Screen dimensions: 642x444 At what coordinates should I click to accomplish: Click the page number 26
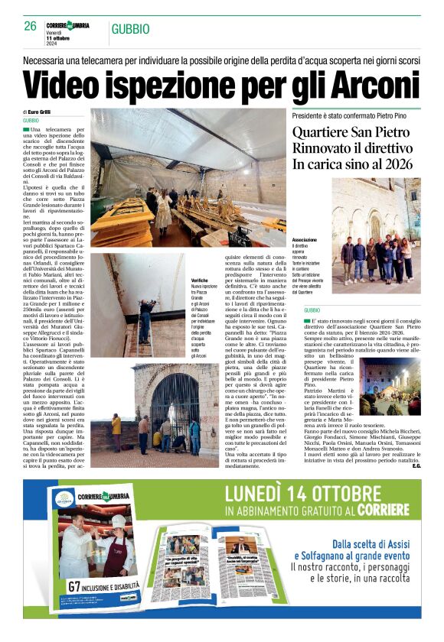point(30,26)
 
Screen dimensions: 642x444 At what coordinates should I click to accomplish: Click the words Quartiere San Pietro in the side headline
point(346,132)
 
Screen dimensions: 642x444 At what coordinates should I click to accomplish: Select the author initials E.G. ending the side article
point(416,466)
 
